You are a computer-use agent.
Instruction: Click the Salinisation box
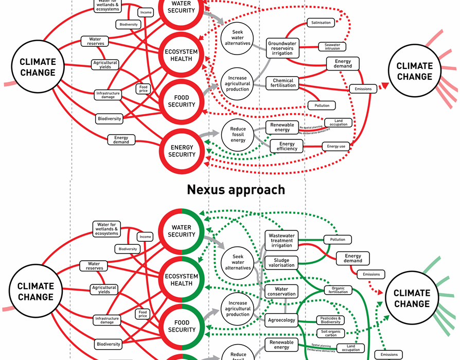click(321, 23)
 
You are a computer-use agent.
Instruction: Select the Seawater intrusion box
click(332, 46)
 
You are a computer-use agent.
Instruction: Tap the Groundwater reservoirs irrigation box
click(282, 48)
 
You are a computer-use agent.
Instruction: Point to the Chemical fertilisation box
click(283, 83)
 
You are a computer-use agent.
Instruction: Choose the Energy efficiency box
click(287, 147)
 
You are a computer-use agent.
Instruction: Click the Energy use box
click(336, 147)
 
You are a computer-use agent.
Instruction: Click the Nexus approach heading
click(236, 189)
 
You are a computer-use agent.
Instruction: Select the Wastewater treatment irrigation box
click(281, 240)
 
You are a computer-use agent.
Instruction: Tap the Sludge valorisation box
click(281, 262)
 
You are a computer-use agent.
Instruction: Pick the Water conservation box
click(281, 292)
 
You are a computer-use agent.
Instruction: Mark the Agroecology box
click(281, 320)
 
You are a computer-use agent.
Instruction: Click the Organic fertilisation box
click(338, 290)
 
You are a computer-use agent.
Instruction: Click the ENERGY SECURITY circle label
click(182, 151)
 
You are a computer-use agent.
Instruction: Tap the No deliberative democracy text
click(314, 133)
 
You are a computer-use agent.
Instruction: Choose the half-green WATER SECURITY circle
click(182, 231)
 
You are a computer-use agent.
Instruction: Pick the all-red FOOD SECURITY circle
click(182, 101)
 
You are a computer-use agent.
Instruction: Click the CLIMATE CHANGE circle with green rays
click(412, 298)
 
